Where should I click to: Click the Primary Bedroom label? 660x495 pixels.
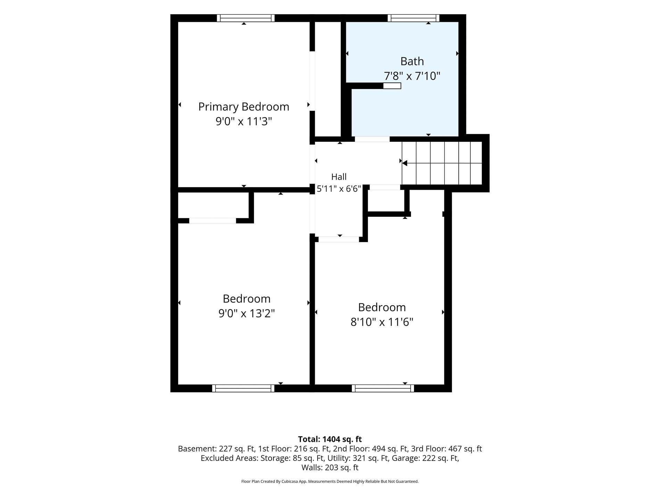(x=244, y=107)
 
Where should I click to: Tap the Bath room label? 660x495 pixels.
(x=412, y=61)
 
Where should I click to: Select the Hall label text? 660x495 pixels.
(x=339, y=177)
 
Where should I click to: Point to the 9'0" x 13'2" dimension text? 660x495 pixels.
(x=247, y=313)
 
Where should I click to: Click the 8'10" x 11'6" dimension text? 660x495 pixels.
(x=382, y=322)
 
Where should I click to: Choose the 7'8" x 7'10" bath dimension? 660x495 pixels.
(x=412, y=76)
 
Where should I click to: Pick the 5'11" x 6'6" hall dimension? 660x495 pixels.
(x=339, y=189)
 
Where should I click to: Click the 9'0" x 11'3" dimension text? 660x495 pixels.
(x=244, y=121)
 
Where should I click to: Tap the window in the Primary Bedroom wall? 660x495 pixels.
(x=246, y=18)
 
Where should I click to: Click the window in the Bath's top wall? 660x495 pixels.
(x=413, y=18)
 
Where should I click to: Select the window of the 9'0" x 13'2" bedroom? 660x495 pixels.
(x=243, y=388)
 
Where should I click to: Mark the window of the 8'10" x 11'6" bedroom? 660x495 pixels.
(x=383, y=388)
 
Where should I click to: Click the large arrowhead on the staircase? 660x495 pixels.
(x=404, y=163)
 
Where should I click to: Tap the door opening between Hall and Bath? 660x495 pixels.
(x=372, y=139)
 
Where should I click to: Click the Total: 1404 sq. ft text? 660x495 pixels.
(x=330, y=439)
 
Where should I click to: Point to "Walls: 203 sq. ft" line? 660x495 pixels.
(x=330, y=468)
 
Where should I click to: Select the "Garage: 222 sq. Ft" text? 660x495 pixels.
(x=426, y=458)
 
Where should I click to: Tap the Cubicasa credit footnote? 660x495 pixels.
(x=330, y=481)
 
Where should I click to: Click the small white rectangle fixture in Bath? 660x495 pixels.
(x=392, y=86)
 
